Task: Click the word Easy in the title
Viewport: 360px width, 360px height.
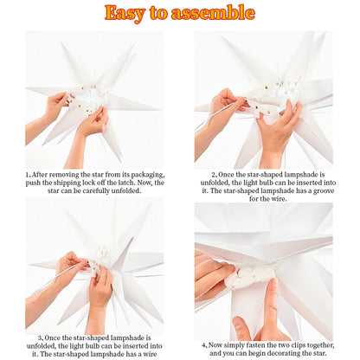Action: (x=127, y=13)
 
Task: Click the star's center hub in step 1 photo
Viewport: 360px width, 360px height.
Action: (x=87, y=100)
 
